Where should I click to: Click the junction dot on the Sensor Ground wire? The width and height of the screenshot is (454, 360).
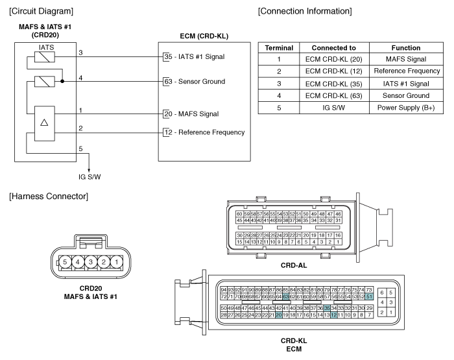click(62, 81)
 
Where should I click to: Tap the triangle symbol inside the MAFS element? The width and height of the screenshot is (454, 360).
click(44, 123)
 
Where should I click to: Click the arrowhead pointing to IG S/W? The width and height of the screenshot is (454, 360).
click(89, 171)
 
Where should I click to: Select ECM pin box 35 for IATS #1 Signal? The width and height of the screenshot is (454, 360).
click(167, 56)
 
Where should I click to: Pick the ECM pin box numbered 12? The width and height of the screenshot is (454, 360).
click(167, 132)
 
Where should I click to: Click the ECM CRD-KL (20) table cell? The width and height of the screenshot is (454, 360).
click(334, 59)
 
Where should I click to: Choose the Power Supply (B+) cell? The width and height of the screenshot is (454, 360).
click(406, 108)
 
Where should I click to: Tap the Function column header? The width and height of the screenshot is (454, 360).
click(406, 48)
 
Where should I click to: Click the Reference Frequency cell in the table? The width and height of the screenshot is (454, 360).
click(406, 71)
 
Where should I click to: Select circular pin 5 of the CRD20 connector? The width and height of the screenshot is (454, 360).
click(65, 262)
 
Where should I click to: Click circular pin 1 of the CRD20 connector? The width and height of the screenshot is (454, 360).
click(116, 262)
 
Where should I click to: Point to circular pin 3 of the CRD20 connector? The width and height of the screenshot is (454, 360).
click(91, 262)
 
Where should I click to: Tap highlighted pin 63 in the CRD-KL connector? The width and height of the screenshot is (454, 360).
click(286, 296)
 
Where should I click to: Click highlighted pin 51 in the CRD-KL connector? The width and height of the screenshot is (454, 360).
click(369, 296)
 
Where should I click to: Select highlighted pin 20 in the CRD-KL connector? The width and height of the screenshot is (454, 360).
click(278, 315)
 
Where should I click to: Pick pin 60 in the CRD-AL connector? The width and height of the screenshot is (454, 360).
click(239, 214)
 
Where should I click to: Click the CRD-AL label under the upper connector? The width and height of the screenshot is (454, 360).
click(294, 265)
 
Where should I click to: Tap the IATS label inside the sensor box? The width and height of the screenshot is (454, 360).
click(46, 47)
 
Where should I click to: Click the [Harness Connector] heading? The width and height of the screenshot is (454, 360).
click(49, 197)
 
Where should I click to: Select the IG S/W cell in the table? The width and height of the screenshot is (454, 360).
click(334, 108)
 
